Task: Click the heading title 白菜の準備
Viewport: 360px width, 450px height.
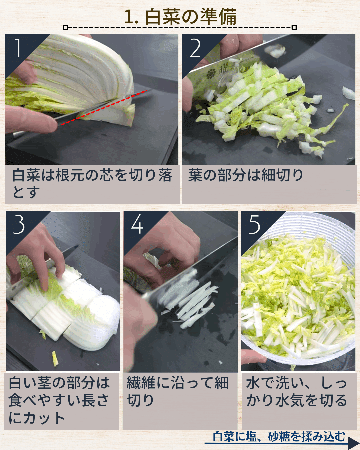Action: pyautogui.click(x=180, y=17)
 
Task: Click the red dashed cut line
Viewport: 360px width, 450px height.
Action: pyautogui.click(x=104, y=107)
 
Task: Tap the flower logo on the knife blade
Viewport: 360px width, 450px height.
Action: pyautogui.click(x=211, y=74)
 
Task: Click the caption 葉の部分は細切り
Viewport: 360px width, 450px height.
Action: pyautogui.click(x=246, y=175)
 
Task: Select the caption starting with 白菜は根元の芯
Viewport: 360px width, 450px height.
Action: pyautogui.click(x=92, y=183)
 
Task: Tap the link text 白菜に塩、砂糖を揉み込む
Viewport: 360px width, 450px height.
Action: pyautogui.click(x=279, y=437)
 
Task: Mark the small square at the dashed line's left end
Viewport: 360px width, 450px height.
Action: pyautogui.click(x=65, y=27)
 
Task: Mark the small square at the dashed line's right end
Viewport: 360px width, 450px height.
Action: pyautogui.click(x=294, y=27)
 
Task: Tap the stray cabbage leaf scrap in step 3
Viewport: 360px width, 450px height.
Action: pyautogui.click(x=55, y=359)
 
